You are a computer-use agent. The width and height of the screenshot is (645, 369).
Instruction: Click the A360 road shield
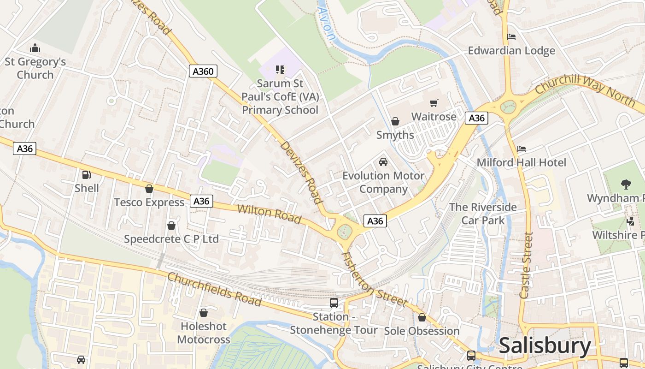(203, 71)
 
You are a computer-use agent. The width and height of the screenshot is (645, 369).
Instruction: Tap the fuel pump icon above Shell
(86, 175)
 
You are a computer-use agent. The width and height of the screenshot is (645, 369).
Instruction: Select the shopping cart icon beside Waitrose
(434, 103)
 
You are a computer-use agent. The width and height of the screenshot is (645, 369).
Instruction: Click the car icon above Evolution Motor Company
(383, 162)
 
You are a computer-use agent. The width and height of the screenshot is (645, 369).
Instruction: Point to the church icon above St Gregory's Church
(35, 48)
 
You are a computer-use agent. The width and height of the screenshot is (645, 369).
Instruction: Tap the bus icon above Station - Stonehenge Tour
(334, 303)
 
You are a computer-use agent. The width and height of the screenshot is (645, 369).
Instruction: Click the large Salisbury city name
(545, 345)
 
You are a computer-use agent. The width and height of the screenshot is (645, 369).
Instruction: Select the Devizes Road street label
(300, 172)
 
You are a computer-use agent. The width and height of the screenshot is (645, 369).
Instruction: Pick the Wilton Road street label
(270, 214)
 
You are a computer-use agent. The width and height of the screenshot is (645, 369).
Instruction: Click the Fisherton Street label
(374, 280)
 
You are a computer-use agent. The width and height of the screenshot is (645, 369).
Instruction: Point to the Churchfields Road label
(214, 289)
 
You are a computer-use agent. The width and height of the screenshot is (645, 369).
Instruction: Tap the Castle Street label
(526, 265)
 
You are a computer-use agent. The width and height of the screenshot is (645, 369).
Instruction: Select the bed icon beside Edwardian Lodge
(511, 37)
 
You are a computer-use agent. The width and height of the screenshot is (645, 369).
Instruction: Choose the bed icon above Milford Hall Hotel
(522, 149)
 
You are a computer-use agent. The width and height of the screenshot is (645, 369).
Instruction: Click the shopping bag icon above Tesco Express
(149, 189)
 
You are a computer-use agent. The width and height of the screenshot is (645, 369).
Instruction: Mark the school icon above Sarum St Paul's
(280, 70)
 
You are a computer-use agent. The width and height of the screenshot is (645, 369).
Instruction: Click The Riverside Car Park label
(483, 214)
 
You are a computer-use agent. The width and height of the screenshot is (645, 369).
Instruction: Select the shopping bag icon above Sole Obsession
(422, 317)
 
